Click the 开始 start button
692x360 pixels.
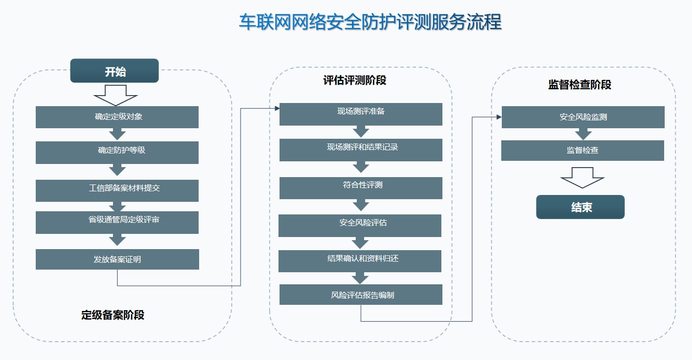pyautogui.click(x=115, y=71)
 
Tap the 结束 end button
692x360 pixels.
pyautogui.click(x=580, y=207)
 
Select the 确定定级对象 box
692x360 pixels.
pyautogui.click(x=117, y=117)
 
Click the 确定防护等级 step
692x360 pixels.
pyautogui.click(x=117, y=152)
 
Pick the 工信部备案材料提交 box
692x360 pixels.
pyautogui.click(x=117, y=191)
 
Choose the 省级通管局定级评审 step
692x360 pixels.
pyautogui.click(x=117, y=222)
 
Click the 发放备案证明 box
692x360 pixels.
pyautogui.click(x=117, y=259)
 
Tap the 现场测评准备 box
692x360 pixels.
pyautogui.click(x=361, y=115)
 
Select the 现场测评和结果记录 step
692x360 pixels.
pyautogui.click(x=361, y=150)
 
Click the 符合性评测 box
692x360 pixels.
pyautogui.click(x=361, y=188)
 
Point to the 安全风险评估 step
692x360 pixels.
pyautogui.click(x=360, y=225)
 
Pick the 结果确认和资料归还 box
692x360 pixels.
pyautogui.click(x=360, y=261)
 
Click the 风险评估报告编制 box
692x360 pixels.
pyautogui.click(x=361, y=294)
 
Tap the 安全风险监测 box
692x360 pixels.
pyautogui.click(x=583, y=117)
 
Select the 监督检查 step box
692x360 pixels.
pyautogui.click(x=583, y=150)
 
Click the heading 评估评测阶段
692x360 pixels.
pyautogui.click(x=355, y=80)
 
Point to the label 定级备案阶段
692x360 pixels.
pyautogui.click(x=113, y=315)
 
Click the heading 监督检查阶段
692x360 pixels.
pyautogui.click(x=580, y=85)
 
